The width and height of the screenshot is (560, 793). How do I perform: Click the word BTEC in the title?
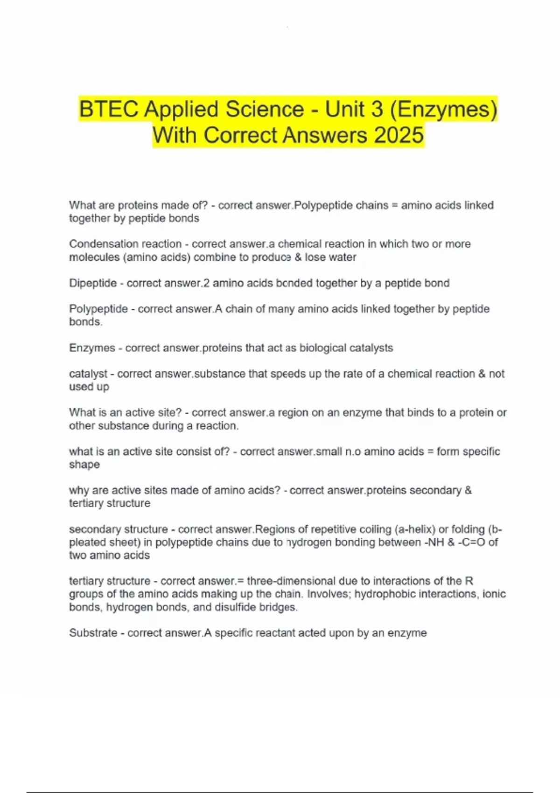click(x=109, y=110)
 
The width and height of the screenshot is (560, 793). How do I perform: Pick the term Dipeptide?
click(x=92, y=283)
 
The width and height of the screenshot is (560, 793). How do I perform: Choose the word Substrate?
click(x=93, y=633)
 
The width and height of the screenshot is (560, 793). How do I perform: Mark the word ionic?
click(x=494, y=594)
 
